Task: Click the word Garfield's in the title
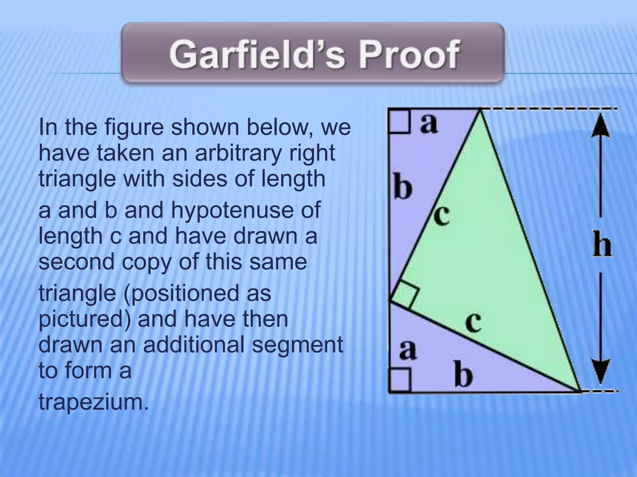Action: point(257,55)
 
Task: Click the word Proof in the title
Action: point(409,55)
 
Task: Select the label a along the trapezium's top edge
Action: point(429,124)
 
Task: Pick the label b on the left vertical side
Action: point(403,187)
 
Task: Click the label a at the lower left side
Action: point(408,350)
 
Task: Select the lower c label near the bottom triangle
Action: point(474,323)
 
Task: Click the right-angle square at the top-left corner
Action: point(399,121)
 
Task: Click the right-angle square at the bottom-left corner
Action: point(400,380)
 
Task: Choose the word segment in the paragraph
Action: point(297,345)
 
